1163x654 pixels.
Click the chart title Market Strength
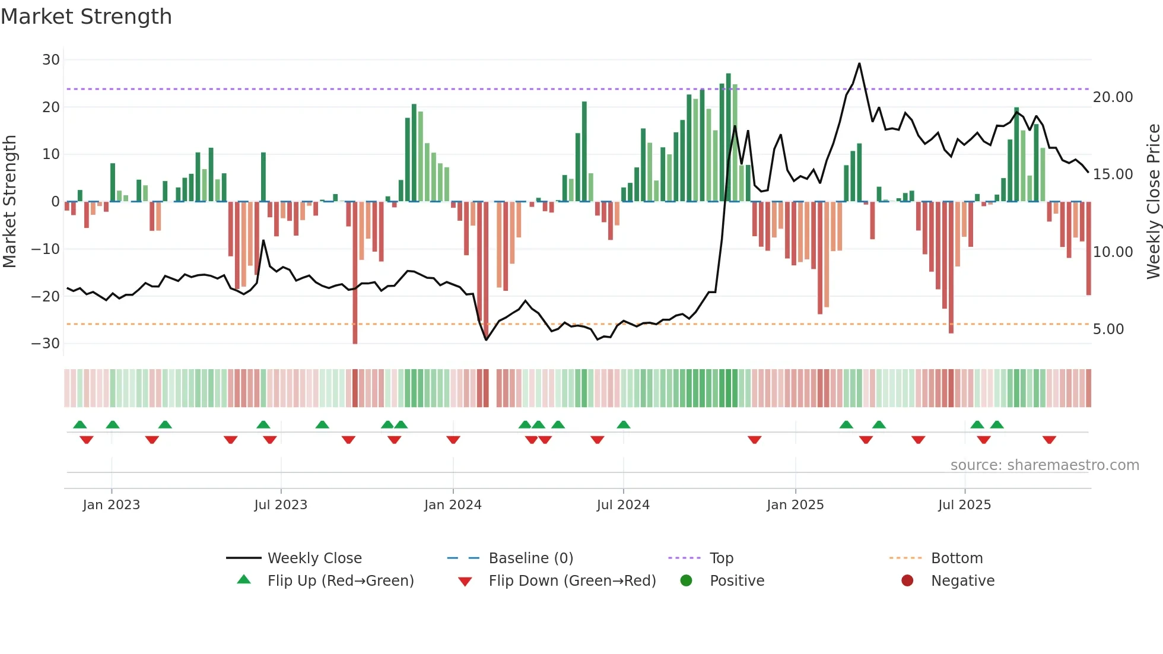coord(86,17)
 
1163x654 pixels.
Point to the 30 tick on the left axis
coord(51,59)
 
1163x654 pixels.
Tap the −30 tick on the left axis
coord(46,343)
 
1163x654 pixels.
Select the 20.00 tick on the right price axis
coord(1113,97)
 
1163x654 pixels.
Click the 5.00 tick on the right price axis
coord(1108,329)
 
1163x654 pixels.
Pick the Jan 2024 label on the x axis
coord(453,504)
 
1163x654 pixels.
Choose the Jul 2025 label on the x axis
coord(964,504)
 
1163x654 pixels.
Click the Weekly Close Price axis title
coord(1153,201)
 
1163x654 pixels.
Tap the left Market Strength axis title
coord(9,201)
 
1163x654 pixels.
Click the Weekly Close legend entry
coord(314,558)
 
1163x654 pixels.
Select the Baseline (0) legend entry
coord(530,558)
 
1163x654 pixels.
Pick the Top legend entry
coord(721,558)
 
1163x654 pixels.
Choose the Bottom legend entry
coord(957,558)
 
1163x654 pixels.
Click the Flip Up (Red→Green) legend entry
coord(340,580)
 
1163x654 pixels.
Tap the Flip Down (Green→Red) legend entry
coord(571,580)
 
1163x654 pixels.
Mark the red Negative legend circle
coord(907,580)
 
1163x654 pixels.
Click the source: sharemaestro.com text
coord(1044,465)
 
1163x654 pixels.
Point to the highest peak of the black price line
coord(859,64)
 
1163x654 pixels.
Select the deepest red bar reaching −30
coord(355,273)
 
